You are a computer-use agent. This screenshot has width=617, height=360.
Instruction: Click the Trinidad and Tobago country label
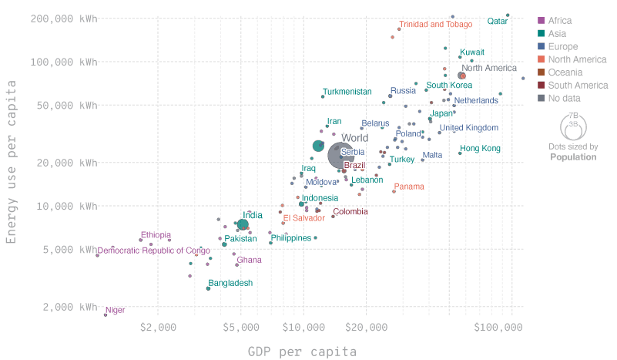tap(435, 25)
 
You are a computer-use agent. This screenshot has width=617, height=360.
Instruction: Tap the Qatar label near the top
tap(498, 21)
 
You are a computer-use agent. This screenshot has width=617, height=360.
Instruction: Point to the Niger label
tap(115, 311)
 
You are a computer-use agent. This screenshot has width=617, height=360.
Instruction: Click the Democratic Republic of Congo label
tap(154, 251)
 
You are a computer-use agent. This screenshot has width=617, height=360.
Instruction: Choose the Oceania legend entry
tap(565, 72)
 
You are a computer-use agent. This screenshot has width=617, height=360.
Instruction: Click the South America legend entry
tap(572, 86)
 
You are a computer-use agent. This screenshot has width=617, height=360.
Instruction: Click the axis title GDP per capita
tap(302, 352)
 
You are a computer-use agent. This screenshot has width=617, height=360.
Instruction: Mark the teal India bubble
tap(243, 224)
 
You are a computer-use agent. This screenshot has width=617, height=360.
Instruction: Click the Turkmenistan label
tap(347, 92)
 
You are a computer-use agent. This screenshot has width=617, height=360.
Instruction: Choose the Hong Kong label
tap(480, 148)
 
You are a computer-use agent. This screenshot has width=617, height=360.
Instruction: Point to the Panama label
tap(409, 187)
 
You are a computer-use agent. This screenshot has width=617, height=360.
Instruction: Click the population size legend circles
tap(573, 123)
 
